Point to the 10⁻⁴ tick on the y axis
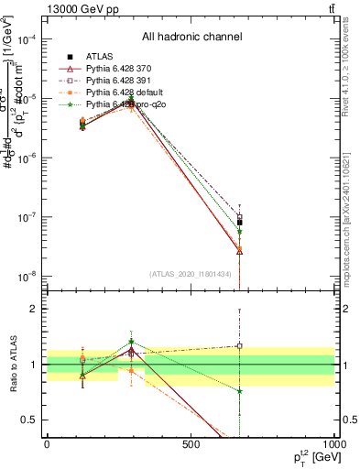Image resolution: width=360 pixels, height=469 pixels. [x=29, y=39]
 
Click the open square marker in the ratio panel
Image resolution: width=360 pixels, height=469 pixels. [x=239, y=346]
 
